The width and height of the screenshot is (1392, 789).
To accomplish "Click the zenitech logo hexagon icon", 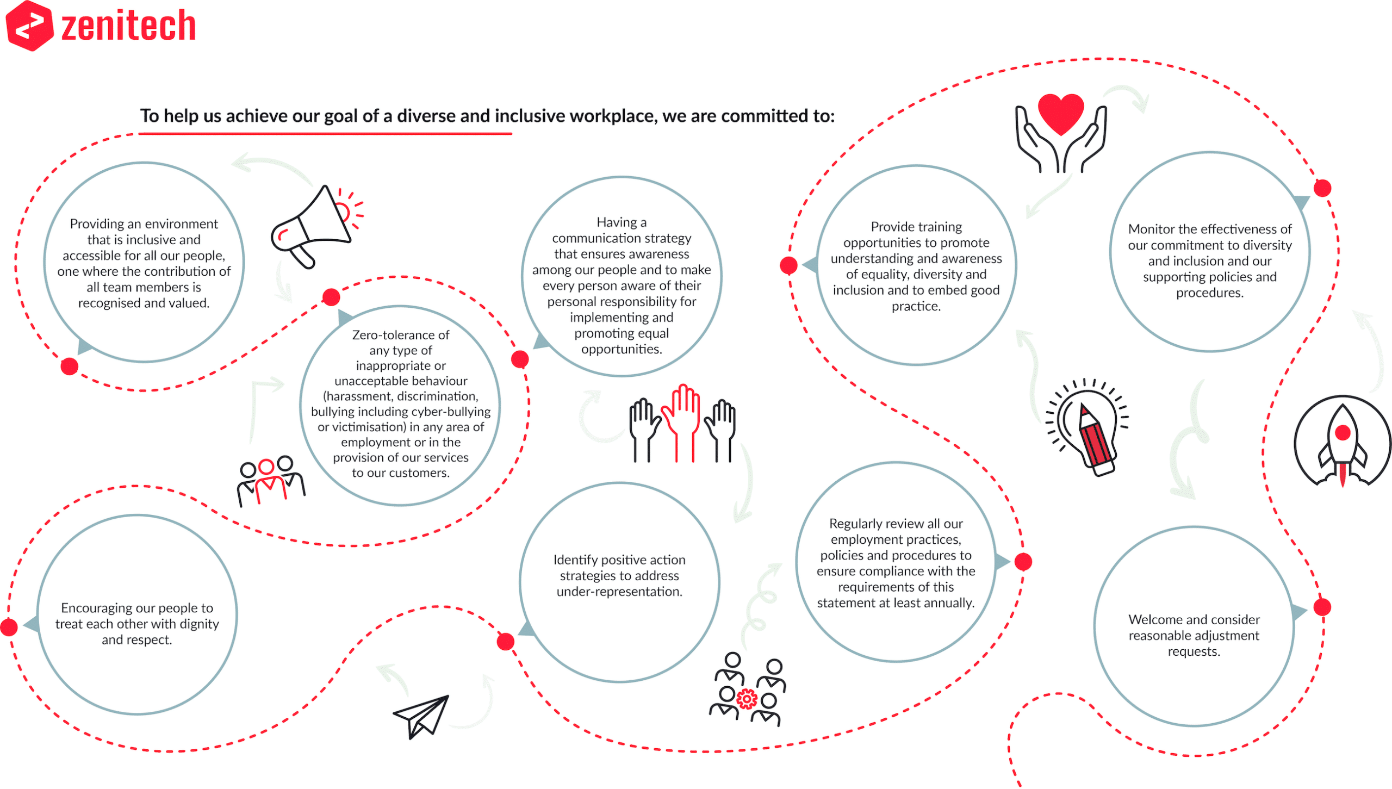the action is coord(29,26).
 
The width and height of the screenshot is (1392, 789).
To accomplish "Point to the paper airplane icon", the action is coord(421,716).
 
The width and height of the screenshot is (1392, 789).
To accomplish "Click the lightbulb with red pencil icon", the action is coord(1087,427).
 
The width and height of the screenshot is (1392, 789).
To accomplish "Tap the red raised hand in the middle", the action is coord(680,421).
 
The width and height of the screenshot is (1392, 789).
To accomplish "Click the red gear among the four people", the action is coord(747,699).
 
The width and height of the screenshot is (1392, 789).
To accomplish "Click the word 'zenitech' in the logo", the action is coord(128,26).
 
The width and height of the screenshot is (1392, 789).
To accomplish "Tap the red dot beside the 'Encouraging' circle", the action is coord(9,627).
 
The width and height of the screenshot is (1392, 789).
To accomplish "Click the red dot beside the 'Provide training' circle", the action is coord(788,265).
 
